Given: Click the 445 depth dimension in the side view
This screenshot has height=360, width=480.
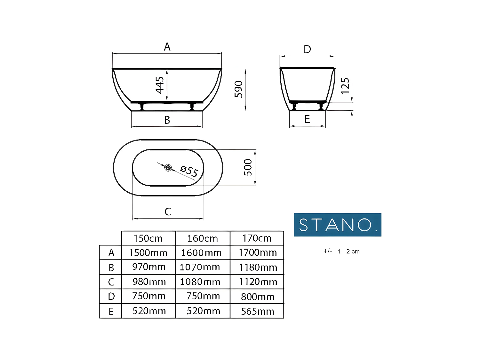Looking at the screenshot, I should click(160, 85).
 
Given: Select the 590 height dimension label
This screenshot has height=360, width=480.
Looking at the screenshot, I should click(239, 89).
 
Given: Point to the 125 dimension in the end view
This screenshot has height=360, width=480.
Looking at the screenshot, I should click(345, 86).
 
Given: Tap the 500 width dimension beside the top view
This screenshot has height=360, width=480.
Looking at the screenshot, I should click(248, 167).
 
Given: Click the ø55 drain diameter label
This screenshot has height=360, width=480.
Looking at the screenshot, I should click(189, 171).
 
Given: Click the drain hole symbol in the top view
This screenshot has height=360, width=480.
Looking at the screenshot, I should click(168, 167).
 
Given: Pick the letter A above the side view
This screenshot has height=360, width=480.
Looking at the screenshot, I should click(167, 47).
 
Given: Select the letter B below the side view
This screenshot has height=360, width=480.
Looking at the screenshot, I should click(167, 120).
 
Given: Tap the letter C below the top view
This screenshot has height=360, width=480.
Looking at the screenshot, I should click(168, 212).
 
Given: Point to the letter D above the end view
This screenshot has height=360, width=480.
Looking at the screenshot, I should click(307, 50).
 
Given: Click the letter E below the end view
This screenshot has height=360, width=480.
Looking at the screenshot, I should click(307, 119).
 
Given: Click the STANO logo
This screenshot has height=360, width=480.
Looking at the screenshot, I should click(338, 225).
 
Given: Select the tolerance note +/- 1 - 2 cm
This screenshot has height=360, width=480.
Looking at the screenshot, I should click(341, 252).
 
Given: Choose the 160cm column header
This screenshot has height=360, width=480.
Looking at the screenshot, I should click(203, 238).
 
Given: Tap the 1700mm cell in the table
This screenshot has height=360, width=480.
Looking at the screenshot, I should click(258, 252).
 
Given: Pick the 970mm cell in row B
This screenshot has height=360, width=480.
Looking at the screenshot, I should click(149, 267).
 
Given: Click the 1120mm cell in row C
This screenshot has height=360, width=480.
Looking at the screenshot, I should click(258, 282).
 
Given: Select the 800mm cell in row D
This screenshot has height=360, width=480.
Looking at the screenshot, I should click(258, 297).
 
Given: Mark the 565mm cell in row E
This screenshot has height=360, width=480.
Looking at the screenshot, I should click(258, 311).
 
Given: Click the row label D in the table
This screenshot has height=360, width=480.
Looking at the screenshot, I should click(111, 297).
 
